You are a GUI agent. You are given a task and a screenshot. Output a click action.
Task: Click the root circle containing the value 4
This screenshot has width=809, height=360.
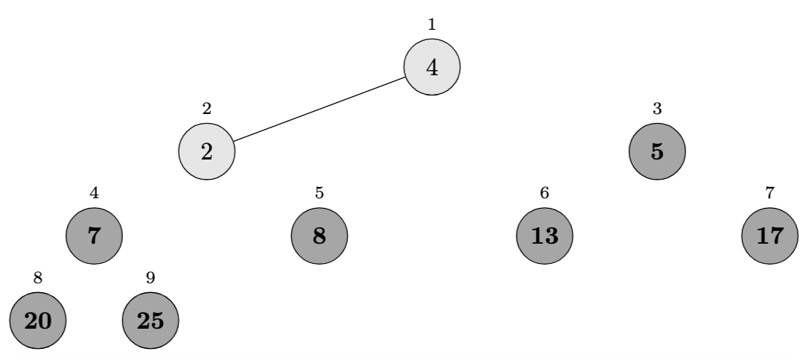432,67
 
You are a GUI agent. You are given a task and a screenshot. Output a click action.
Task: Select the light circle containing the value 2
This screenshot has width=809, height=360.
206,151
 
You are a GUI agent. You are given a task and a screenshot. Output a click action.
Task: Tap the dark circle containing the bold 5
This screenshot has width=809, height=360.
657,151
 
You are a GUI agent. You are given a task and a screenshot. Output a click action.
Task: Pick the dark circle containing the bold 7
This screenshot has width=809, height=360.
94,236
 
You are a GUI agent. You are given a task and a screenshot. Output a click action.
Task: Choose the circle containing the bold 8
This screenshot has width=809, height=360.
320,236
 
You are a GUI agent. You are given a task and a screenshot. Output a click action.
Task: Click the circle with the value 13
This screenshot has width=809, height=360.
545,236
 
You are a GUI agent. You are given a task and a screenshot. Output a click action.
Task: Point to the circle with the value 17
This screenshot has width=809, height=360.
770,236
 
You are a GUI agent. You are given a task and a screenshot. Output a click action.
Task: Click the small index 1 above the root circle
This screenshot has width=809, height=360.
432,24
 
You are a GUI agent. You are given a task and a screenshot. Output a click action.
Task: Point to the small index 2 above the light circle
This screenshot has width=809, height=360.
206,108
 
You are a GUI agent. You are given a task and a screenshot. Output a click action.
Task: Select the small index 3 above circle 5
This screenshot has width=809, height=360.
657,108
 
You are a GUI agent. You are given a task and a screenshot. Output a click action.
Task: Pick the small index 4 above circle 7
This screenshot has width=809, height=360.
94,193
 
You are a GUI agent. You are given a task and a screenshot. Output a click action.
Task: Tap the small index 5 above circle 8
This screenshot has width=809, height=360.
320,193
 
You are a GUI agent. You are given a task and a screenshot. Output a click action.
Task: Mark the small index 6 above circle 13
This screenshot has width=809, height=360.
545,193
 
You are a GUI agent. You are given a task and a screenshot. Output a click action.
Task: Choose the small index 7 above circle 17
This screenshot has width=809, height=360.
770,193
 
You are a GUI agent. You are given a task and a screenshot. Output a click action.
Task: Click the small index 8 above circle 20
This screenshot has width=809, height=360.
37,278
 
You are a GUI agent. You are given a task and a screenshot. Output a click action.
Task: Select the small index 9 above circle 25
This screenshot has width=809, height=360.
150,278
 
